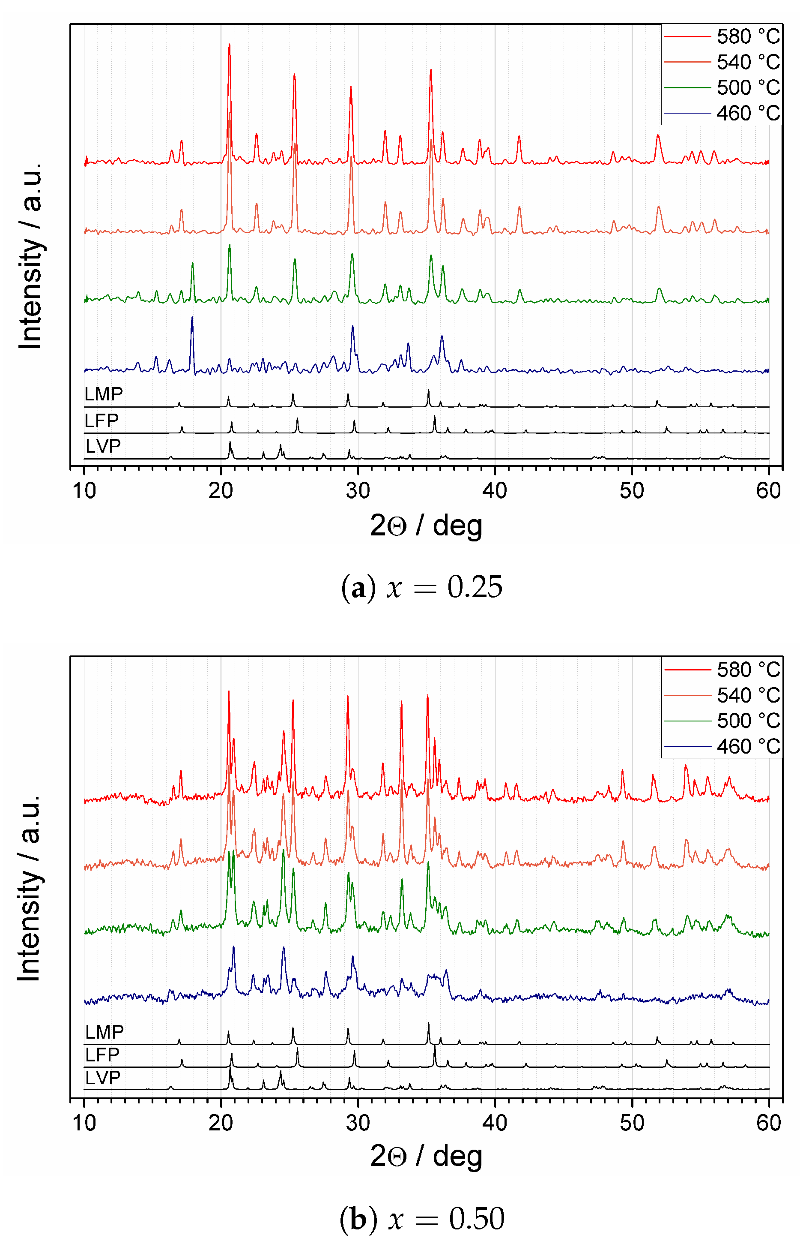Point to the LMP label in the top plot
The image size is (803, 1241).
103,394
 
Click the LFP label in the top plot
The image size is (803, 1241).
101,420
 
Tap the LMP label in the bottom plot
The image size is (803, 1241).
104,1032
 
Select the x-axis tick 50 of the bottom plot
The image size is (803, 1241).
632,1123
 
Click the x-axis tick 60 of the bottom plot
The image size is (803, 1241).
769,1123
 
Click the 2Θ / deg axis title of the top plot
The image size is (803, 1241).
426,525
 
